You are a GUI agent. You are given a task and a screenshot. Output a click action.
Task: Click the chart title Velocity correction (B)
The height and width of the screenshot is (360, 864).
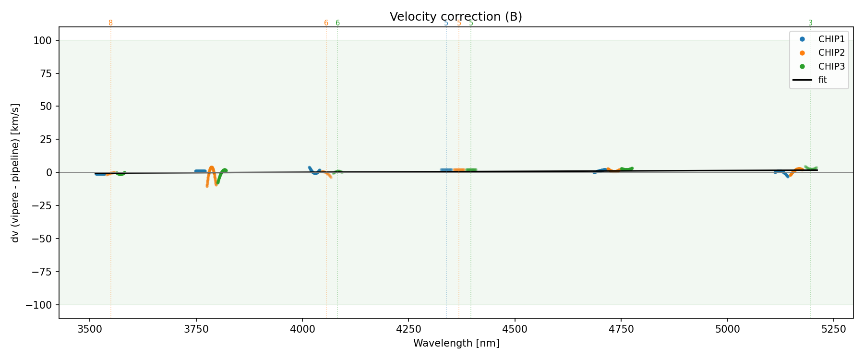coord(456,17)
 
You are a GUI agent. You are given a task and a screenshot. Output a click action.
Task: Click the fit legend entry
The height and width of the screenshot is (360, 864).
coord(822,80)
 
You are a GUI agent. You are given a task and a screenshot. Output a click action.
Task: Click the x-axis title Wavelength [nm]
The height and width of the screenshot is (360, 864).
coord(456,343)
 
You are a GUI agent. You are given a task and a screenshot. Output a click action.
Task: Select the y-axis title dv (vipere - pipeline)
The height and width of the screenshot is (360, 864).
coord(16,173)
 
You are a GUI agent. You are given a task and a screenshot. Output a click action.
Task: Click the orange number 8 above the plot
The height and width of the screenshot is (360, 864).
coord(110,23)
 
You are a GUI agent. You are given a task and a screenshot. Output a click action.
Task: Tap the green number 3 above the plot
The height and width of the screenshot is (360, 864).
coord(811,23)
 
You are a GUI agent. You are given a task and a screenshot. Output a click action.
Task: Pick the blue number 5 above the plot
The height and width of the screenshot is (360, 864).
coord(446,23)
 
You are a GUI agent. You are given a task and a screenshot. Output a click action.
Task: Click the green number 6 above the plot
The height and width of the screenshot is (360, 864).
coord(337,23)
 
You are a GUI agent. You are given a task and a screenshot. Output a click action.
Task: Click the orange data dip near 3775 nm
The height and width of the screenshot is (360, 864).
coord(207,182)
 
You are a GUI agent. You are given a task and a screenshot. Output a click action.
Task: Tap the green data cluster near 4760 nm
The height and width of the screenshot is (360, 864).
coord(626,169)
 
